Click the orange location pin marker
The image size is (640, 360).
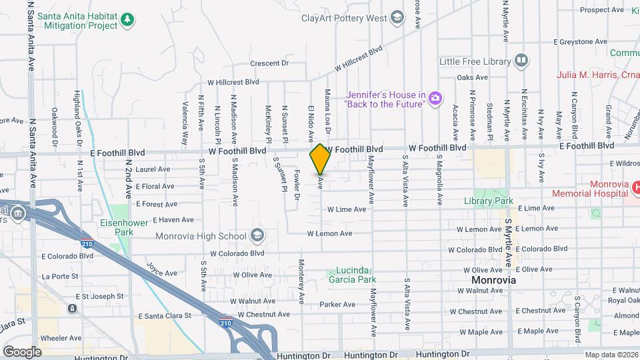320,159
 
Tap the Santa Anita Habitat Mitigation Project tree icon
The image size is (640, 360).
127,21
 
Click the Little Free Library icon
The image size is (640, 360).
521,61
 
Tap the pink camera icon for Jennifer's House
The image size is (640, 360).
435,99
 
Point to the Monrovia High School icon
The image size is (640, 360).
257,235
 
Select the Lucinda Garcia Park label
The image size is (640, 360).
351,275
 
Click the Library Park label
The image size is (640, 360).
489,201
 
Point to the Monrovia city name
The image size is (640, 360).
494,280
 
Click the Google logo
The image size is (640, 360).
22,351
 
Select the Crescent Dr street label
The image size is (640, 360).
269,63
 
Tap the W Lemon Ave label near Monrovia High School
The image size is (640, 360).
329,233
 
